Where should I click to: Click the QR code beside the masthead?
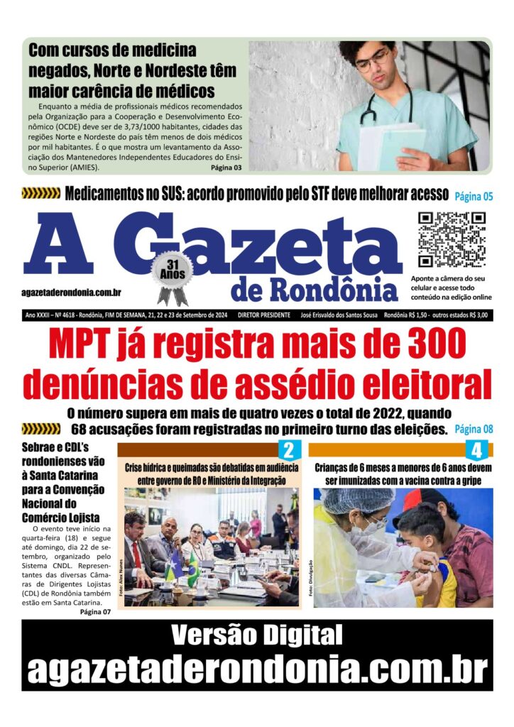coord(451,239)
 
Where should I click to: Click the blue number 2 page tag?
coord(288,450)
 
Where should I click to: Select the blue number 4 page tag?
coord(476,450)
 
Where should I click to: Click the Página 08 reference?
coord(474,429)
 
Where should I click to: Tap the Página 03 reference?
coord(226,168)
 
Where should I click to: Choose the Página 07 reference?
coord(95,612)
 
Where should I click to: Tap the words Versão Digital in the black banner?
coord(257,635)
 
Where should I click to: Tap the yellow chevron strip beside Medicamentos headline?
coord(41,193)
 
